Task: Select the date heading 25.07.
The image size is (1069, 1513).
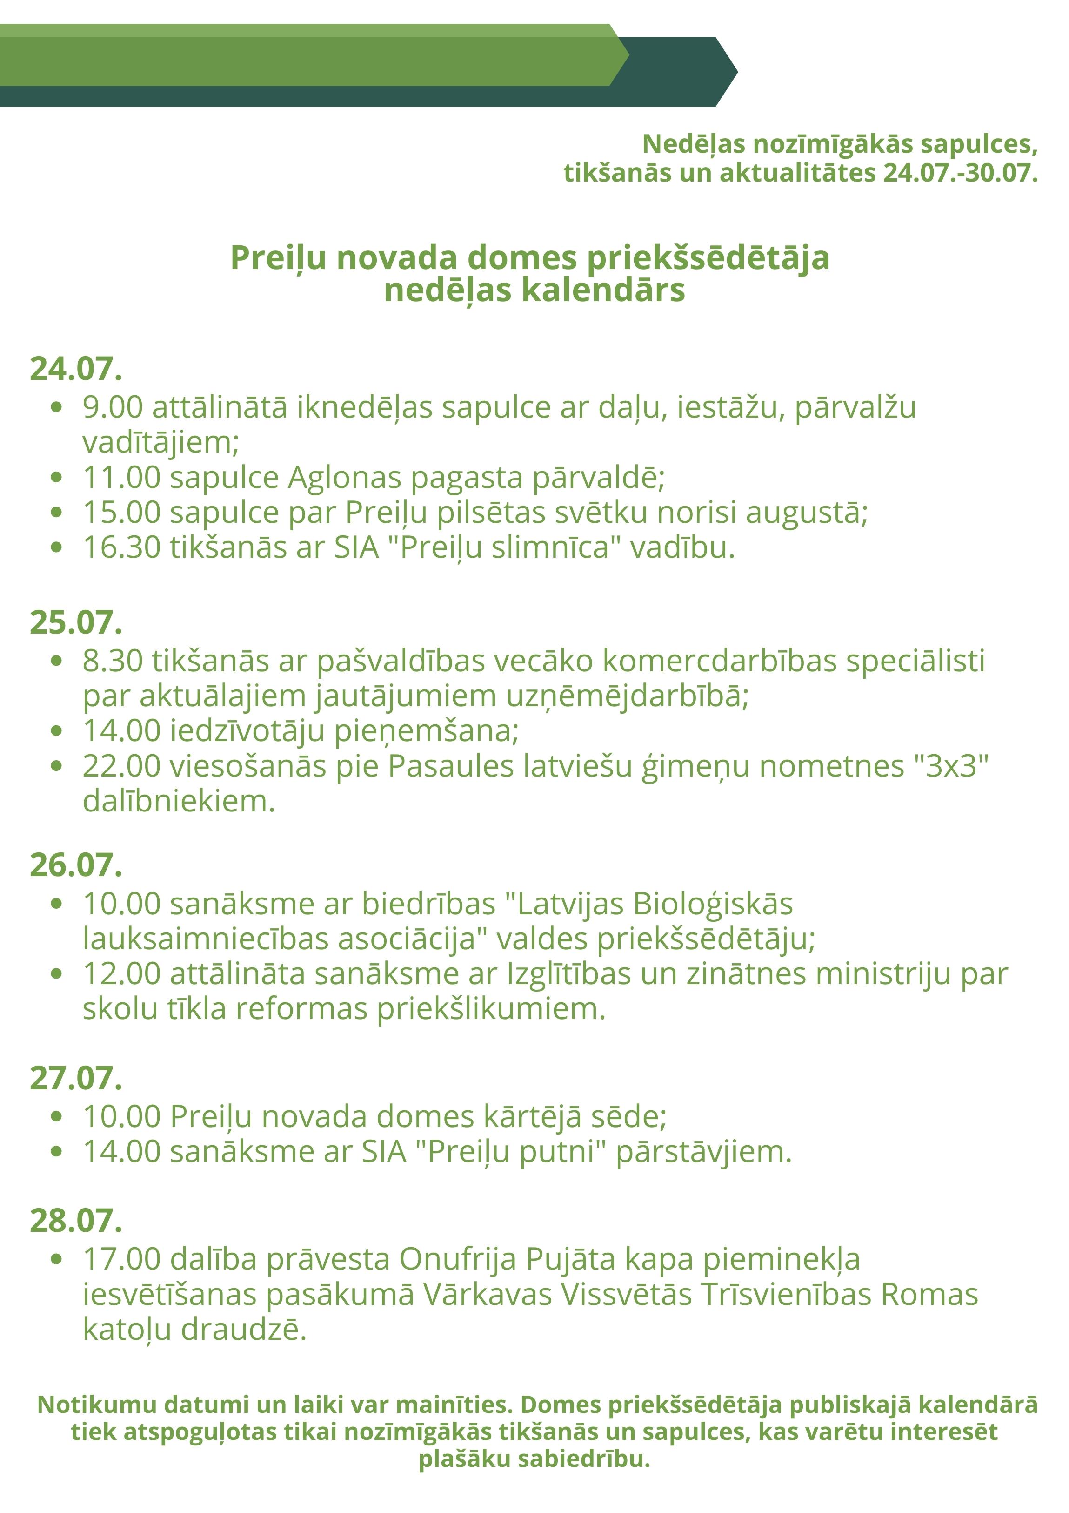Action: click(x=76, y=623)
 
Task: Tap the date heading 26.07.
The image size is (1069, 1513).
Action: click(x=76, y=865)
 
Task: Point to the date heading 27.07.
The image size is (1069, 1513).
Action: click(x=76, y=1079)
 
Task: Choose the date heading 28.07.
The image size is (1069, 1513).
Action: click(x=76, y=1221)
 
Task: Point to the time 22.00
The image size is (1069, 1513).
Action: click(x=122, y=766)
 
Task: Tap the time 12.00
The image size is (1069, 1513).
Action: click(x=122, y=974)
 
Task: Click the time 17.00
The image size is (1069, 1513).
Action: click(x=122, y=1259)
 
